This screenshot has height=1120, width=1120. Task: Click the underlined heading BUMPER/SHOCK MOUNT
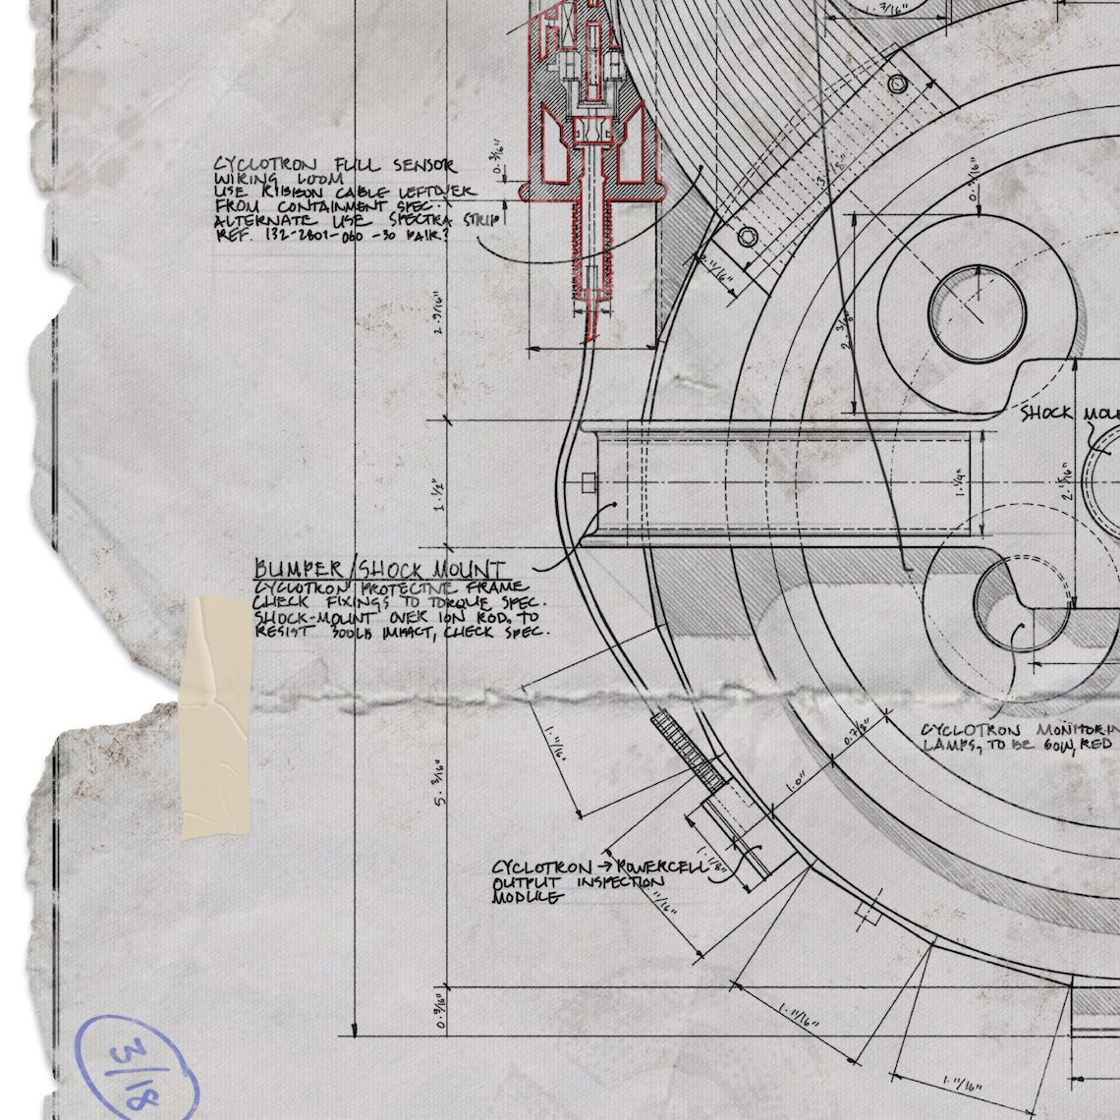pyautogui.click(x=381, y=570)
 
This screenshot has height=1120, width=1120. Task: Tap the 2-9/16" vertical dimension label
pyautogui.click(x=439, y=312)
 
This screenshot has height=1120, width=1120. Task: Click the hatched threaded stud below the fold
pyautogui.click(x=689, y=751)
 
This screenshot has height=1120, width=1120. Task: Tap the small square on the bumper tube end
pyautogui.click(x=588, y=482)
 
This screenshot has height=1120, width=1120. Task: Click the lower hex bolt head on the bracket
pyautogui.click(x=748, y=236)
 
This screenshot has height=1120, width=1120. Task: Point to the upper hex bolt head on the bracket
pyautogui.click(x=896, y=84)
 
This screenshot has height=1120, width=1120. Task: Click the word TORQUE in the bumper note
pyautogui.click(x=467, y=602)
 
